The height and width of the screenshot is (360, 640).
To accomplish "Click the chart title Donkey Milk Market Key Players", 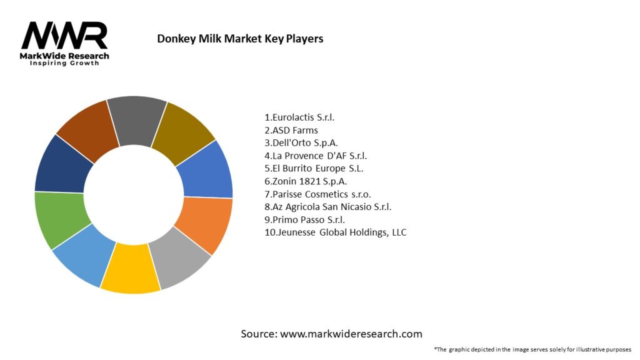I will pos(240,39).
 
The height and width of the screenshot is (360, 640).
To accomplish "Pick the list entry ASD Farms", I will pos(291,130).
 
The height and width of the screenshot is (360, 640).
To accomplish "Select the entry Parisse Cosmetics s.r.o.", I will pos(317,194).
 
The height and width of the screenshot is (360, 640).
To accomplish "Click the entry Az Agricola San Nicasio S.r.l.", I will pos(328,207).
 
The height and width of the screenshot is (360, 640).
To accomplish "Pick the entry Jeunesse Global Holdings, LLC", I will pos(336,232).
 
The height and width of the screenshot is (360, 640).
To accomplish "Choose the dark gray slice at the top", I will pos(136,116).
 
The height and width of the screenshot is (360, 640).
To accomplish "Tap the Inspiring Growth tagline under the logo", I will pos(64,63).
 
